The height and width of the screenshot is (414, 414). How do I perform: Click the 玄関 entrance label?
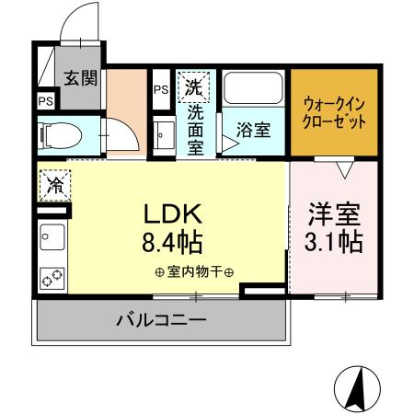[x=82, y=77]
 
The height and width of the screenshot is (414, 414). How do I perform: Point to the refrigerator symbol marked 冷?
[x=54, y=184]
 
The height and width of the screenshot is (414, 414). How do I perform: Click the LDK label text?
[x=171, y=214]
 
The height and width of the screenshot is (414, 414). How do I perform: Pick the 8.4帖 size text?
[x=172, y=243]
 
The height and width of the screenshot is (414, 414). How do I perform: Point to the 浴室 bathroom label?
[x=254, y=130]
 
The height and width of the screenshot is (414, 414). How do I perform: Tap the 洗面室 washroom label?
[x=196, y=130]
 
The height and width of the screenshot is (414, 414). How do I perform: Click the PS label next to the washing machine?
[x=161, y=89]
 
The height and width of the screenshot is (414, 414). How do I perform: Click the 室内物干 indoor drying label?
[x=194, y=271]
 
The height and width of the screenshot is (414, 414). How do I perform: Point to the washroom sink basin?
[x=164, y=135]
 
